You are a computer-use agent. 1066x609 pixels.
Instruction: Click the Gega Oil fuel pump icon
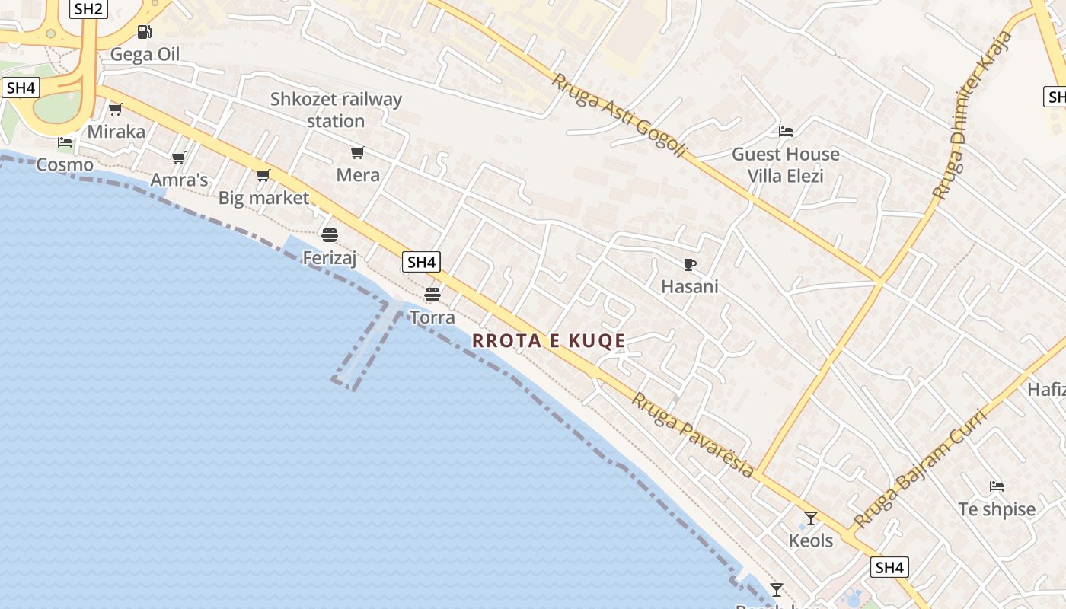tap(144, 32)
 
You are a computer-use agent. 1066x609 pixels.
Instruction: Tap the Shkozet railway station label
tap(336, 110)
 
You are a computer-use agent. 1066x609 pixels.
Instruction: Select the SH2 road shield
tap(89, 9)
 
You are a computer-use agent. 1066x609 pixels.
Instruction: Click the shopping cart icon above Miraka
tap(116, 110)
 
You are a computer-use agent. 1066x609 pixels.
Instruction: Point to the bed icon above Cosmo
tap(65, 142)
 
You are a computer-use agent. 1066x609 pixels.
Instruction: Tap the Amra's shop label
tap(179, 180)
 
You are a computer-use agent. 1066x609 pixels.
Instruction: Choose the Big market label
tap(263, 198)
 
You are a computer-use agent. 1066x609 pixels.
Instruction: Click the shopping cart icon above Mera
tap(358, 153)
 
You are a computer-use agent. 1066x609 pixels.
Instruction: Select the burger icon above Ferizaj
tap(330, 234)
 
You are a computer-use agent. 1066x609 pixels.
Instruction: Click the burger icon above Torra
tap(432, 295)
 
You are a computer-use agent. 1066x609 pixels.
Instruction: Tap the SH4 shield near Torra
tap(421, 263)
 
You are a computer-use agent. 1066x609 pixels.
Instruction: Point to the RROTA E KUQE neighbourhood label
tap(548, 341)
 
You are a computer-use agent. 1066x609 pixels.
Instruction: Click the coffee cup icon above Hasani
tap(690, 264)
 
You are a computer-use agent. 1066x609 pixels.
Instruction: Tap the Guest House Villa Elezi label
tap(785, 165)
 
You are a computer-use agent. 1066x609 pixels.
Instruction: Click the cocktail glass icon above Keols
tap(811, 518)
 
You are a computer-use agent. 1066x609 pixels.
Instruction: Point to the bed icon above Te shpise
tap(996, 486)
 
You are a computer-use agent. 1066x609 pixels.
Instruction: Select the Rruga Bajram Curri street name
tap(920, 469)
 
